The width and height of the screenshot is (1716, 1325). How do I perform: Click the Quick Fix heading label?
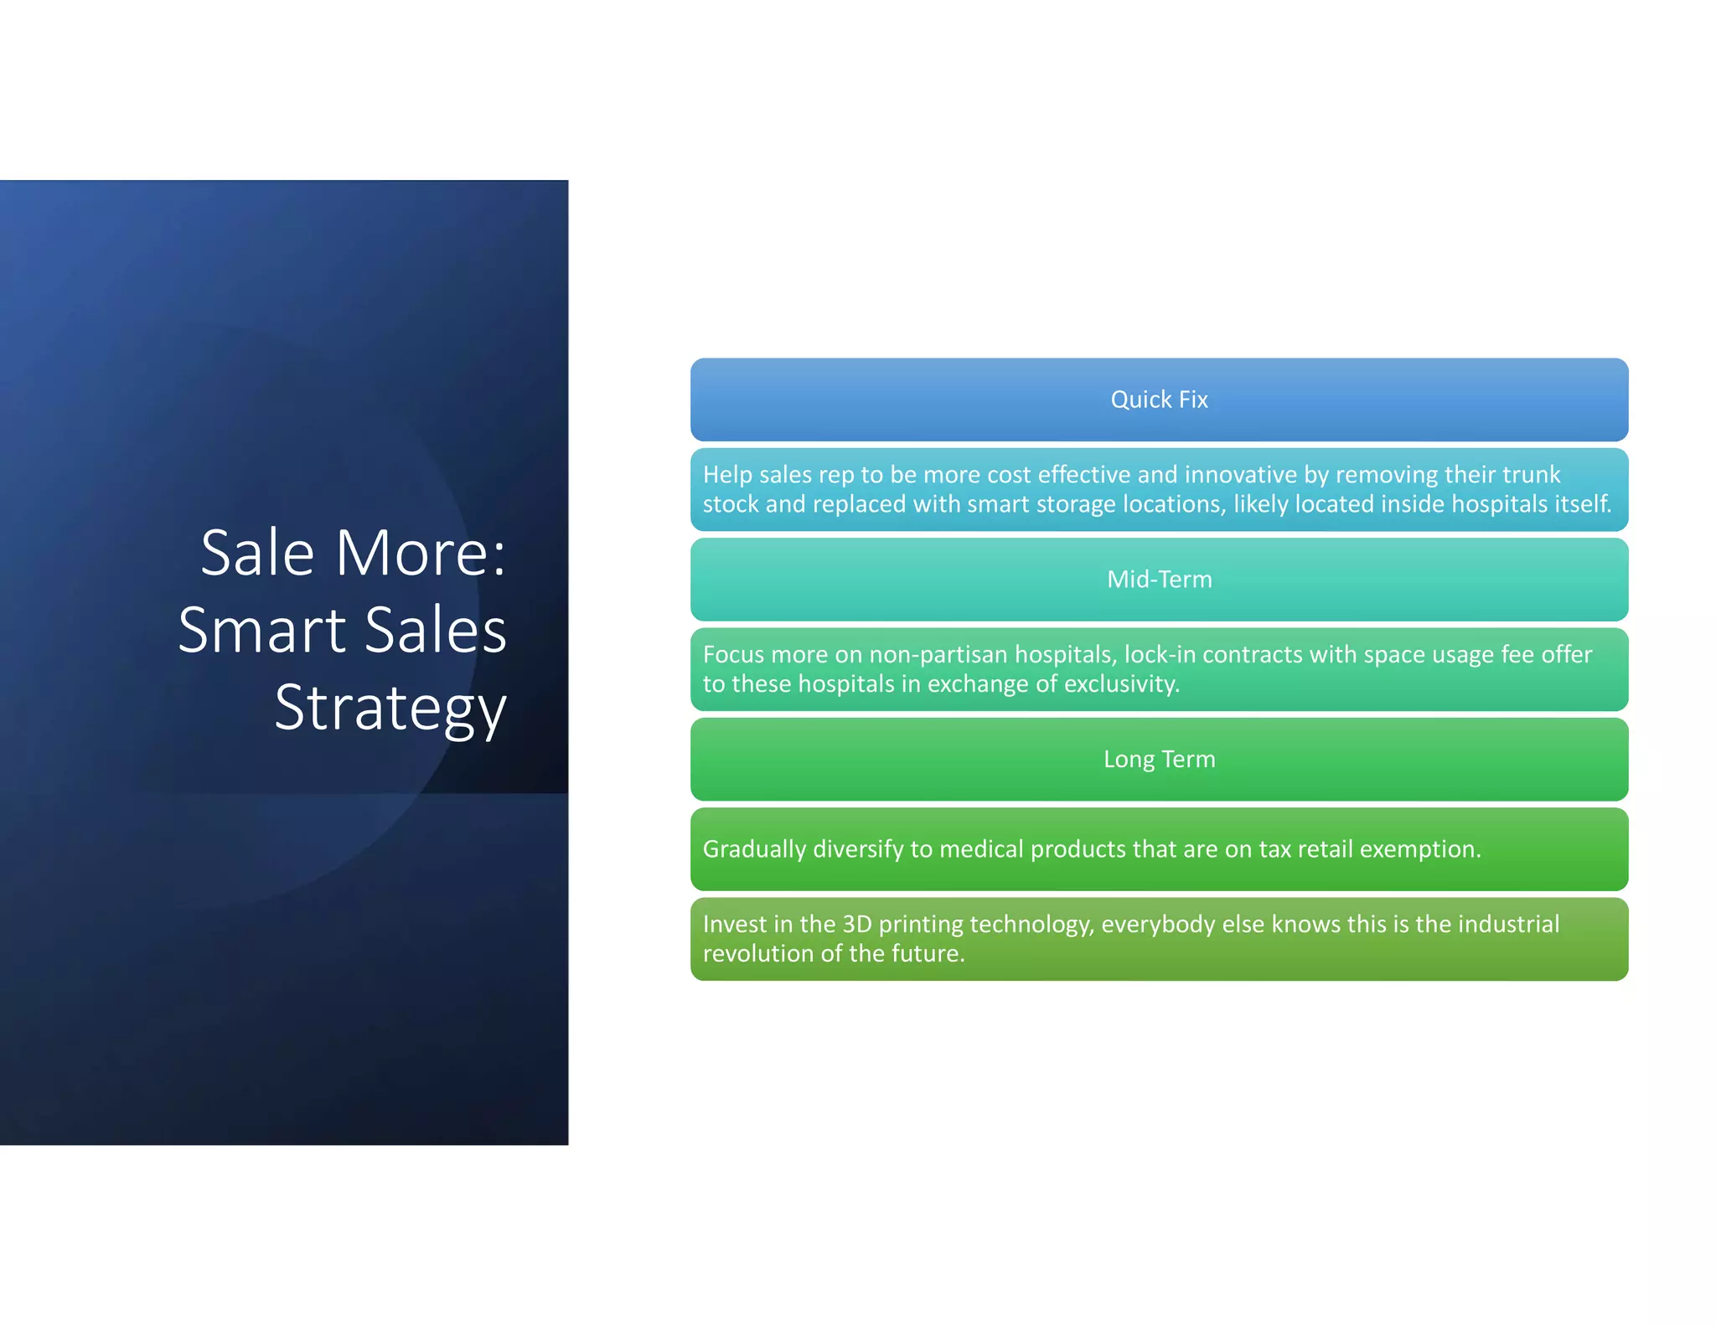1159,400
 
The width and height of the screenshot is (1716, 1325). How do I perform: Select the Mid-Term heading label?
1159,580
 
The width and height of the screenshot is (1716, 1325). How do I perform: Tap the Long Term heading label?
1159,760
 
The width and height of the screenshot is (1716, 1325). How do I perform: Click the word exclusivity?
1122,684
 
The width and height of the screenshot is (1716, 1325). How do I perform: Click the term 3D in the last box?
857,924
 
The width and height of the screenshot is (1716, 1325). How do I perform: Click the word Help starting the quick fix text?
727,475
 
